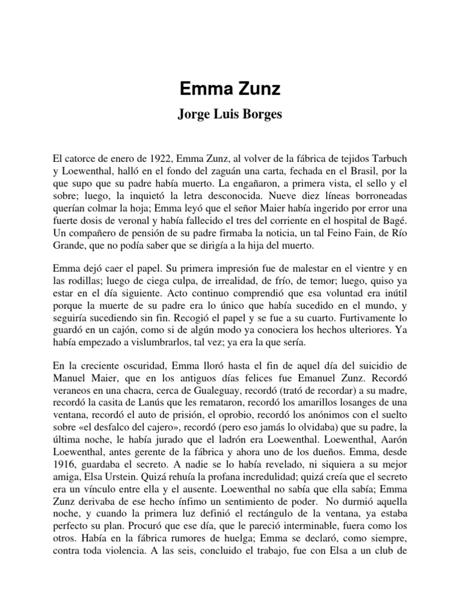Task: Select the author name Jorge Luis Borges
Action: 229,115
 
